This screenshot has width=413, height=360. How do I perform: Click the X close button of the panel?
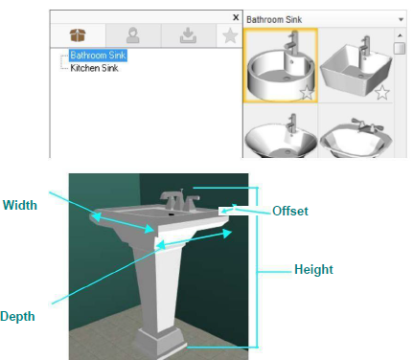(x=236, y=17)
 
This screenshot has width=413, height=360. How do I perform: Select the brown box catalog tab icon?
(x=78, y=35)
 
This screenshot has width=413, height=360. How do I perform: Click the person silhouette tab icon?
(x=133, y=35)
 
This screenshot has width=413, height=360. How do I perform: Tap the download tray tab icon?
(x=188, y=35)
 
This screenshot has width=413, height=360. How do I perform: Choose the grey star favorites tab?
(x=230, y=35)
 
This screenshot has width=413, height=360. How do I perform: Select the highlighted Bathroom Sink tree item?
(x=98, y=55)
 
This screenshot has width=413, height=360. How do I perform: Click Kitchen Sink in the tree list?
(x=94, y=68)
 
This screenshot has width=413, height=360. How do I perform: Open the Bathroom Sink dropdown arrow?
(x=401, y=20)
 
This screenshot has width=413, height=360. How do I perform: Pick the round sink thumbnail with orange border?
(x=281, y=65)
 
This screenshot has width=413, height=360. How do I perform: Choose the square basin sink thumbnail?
(x=356, y=65)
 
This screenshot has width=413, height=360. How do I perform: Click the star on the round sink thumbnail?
(x=308, y=93)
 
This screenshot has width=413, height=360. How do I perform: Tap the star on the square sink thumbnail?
(x=382, y=93)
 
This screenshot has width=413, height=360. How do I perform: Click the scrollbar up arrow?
(x=400, y=35)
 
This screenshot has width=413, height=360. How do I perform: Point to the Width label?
(x=20, y=205)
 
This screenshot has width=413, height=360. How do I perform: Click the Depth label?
(x=17, y=316)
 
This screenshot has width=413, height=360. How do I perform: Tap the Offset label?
(x=290, y=211)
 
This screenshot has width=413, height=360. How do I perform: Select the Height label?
(x=313, y=269)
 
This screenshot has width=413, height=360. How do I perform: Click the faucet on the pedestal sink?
(x=179, y=200)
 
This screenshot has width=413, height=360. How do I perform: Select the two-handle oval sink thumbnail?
(x=356, y=137)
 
